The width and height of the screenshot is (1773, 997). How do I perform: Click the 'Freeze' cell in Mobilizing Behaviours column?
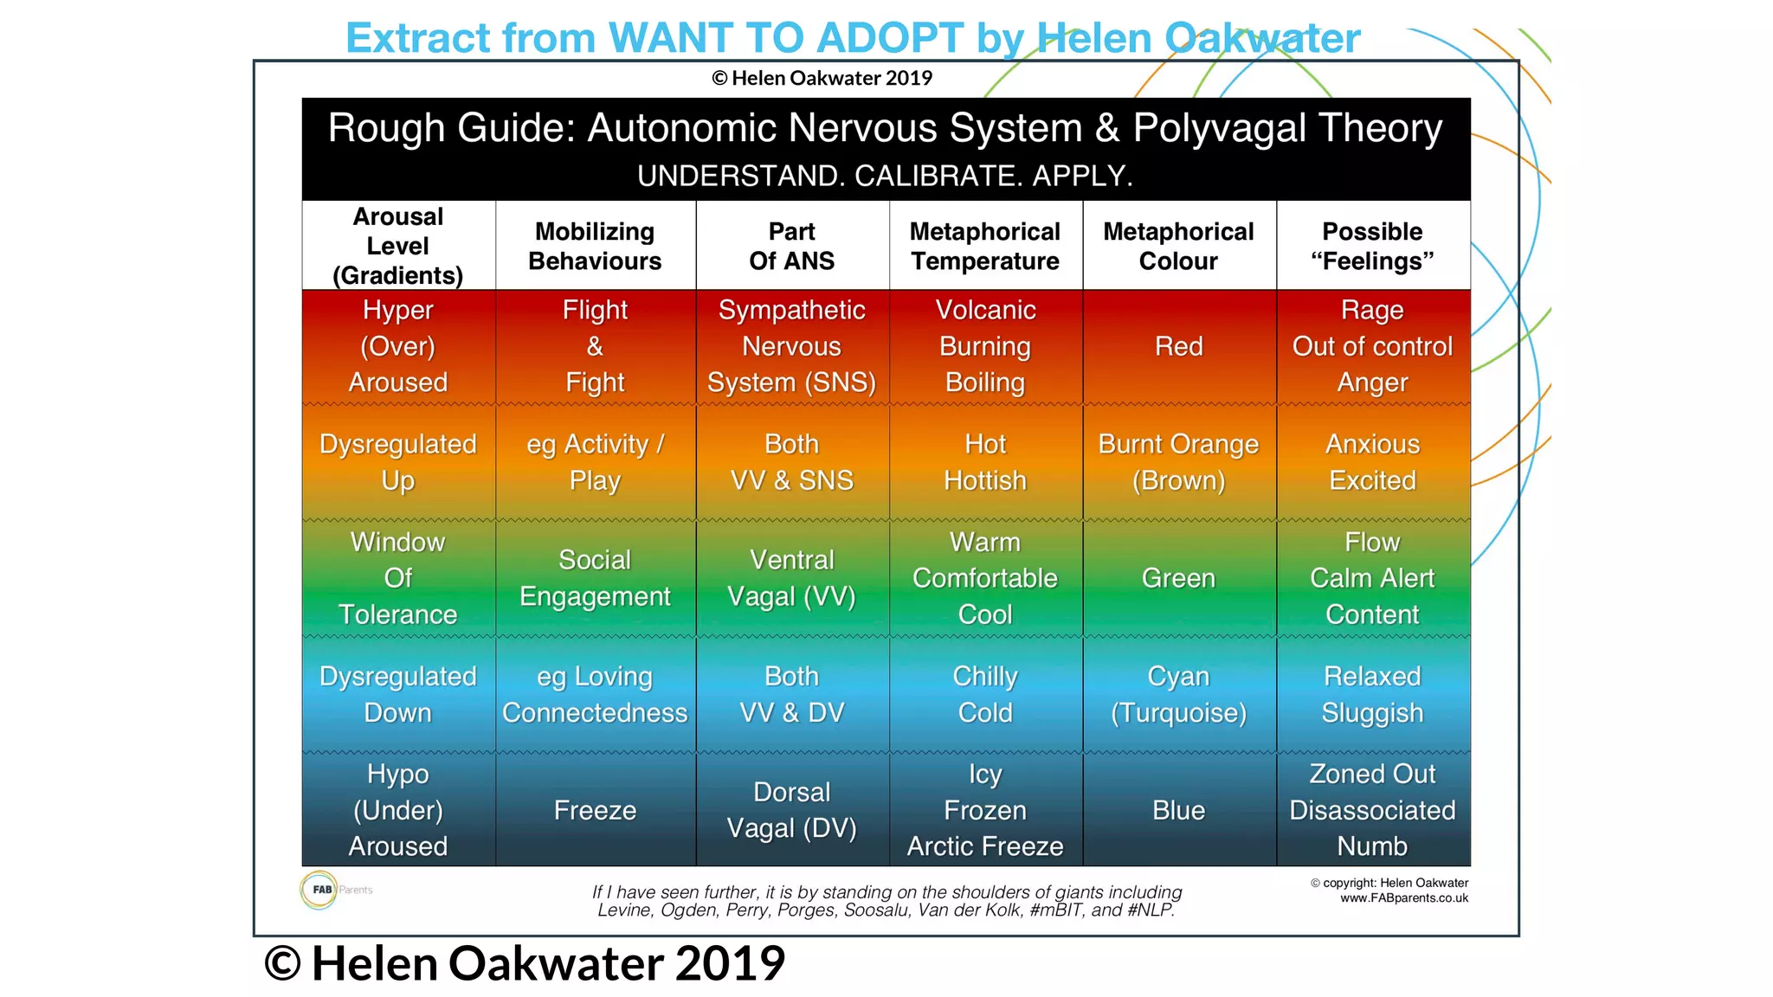(595, 810)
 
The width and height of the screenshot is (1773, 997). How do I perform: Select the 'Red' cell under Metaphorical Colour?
(1178, 346)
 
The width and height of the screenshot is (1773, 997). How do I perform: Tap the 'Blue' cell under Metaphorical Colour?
(1178, 810)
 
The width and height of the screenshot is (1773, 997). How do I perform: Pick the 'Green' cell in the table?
(1178, 578)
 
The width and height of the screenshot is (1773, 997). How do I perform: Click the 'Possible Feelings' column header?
(1372, 246)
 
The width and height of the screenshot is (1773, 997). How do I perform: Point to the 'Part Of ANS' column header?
(791, 246)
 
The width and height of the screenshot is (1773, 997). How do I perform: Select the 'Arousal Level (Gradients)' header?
(397, 246)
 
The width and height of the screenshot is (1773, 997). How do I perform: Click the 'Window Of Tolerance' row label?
(397, 578)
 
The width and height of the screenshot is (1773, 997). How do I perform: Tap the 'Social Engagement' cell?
(595, 578)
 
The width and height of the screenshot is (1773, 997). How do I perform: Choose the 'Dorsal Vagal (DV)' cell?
(791, 810)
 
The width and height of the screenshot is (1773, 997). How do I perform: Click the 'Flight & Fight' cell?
(595, 346)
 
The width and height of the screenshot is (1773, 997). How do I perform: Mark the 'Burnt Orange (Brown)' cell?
(1178, 462)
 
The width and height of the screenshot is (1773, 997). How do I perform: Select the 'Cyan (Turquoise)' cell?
(1178, 694)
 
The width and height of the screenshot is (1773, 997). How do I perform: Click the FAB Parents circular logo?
(319, 890)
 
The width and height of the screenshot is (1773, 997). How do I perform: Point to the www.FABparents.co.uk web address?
(1403, 898)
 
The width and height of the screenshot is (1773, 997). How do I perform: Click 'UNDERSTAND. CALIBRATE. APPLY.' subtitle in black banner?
(885, 176)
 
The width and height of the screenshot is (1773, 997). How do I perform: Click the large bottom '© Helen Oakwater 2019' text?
(525, 963)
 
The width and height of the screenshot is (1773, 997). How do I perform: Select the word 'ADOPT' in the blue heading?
(889, 38)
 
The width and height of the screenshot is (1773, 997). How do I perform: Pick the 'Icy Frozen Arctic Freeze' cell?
(985, 810)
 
